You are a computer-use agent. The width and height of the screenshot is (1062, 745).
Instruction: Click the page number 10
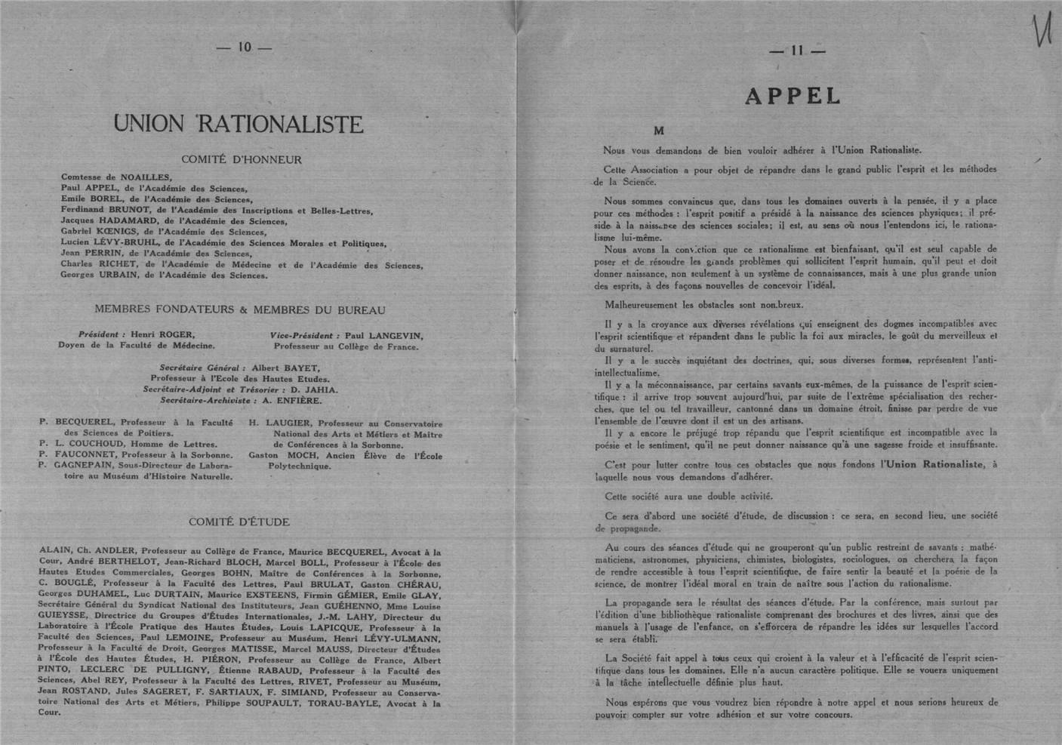(x=244, y=47)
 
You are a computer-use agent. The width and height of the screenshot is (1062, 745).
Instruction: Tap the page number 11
(x=796, y=51)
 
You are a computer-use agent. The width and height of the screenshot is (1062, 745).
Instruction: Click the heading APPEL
(x=793, y=96)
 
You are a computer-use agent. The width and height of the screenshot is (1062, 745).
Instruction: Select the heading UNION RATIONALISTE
(x=239, y=125)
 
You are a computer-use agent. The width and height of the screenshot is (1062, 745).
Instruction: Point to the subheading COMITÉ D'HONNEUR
(x=242, y=160)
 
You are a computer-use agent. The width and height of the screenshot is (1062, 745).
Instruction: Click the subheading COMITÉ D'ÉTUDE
(x=239, y=522)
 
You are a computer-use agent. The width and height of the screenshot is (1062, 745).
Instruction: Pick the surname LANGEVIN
(x=396, y=336)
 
